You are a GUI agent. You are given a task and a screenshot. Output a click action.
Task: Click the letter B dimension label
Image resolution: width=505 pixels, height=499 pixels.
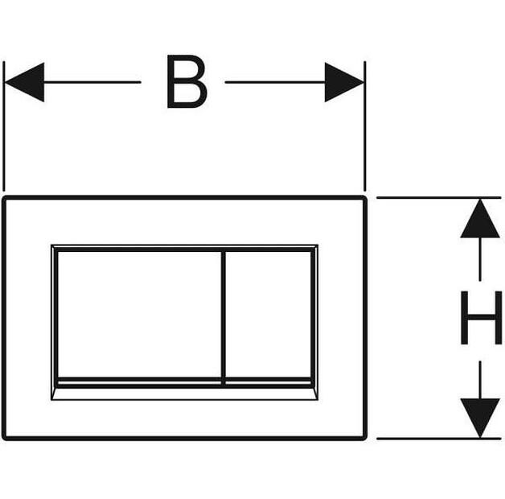187,81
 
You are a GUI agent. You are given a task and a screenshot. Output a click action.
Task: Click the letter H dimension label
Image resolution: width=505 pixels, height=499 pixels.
481,318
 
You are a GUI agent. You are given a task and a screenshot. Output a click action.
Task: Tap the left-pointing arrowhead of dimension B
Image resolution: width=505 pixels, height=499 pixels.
24,82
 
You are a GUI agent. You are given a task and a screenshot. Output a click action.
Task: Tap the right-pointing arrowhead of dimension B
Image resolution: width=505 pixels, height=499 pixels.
344,82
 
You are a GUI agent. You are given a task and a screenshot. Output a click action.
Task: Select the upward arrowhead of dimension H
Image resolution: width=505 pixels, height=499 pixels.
480,219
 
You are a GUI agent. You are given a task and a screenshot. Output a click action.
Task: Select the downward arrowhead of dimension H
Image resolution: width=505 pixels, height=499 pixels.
480,418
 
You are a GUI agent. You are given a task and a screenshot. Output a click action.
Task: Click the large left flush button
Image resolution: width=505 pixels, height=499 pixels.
139,315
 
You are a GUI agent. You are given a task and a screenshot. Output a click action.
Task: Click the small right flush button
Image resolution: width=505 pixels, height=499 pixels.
268,315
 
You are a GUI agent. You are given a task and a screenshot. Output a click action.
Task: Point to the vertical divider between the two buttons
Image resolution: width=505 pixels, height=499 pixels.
224,318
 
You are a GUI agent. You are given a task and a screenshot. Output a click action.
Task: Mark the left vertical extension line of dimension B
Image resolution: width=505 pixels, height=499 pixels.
4,126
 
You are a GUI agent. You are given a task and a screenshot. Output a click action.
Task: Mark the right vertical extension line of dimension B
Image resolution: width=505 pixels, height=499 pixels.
365,126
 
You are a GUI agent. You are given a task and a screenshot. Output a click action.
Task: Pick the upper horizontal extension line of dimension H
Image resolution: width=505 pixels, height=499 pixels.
438,197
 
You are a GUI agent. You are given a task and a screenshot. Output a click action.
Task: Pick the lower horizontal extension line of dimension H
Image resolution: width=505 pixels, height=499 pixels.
438,439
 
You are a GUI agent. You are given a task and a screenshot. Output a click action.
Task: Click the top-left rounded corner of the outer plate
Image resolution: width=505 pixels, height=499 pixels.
5,198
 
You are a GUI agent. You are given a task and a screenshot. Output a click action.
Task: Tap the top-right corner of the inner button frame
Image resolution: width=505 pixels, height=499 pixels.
318,245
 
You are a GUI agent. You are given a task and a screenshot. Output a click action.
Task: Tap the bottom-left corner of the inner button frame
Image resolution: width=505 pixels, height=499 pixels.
51,400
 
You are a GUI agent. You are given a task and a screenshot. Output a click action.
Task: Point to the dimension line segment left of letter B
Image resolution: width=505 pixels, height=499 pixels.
92,82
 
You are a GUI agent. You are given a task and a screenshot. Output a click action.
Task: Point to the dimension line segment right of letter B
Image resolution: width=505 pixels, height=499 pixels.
275,82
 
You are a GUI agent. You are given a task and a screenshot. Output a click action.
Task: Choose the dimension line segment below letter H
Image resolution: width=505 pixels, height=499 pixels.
480,380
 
